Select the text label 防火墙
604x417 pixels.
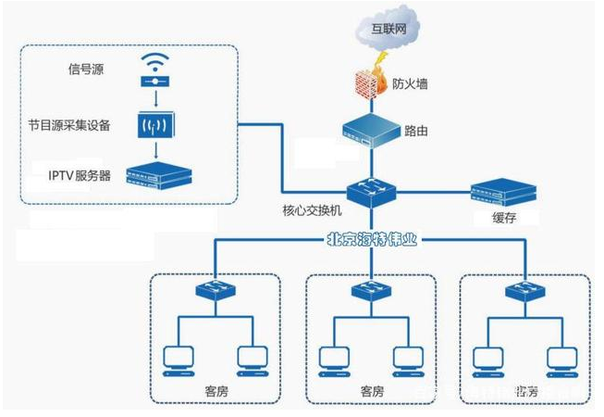[410, 84]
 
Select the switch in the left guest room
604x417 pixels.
[214, 292]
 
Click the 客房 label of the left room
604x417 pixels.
[214, 390]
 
